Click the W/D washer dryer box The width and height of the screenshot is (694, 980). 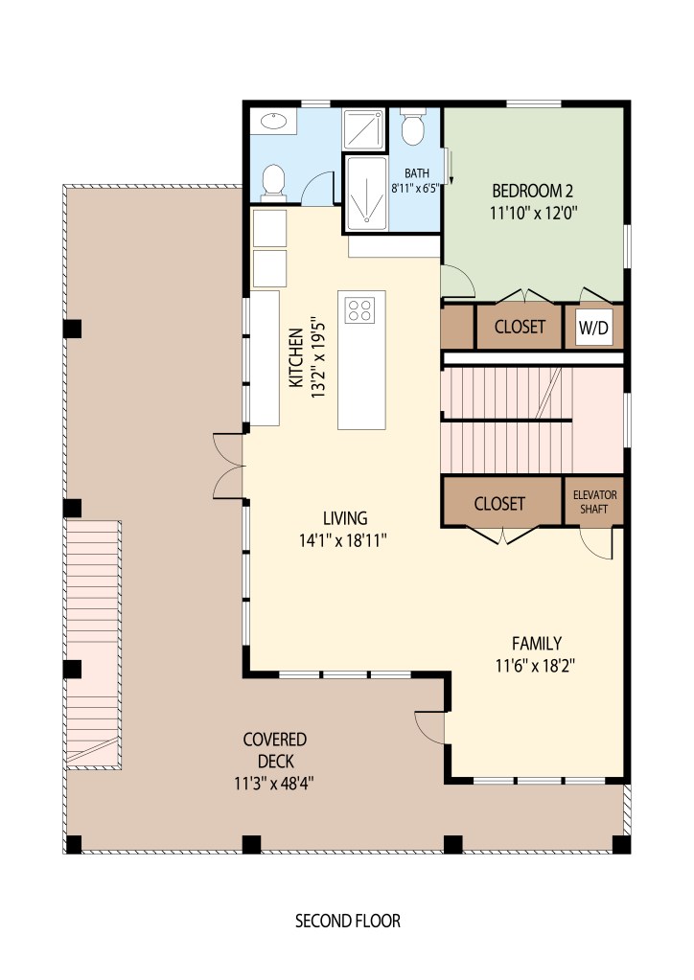[x=593, y=327]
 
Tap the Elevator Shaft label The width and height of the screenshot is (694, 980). [x=594, y=502]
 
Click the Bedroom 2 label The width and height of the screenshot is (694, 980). [x=533, y=191]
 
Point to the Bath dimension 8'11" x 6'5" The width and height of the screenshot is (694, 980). [x=416, y=188]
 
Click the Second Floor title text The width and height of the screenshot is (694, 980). [x=348, y=921]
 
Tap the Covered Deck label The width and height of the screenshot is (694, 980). [x=275, y=750]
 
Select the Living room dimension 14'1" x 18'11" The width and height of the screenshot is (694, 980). [x=342, y=540]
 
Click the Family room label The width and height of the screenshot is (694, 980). [x=537, y=643]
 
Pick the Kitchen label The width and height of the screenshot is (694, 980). [x=296, y=358]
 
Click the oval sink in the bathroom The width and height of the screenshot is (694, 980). [x=274, y=122]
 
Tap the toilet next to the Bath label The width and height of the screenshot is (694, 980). [x=412, y=126]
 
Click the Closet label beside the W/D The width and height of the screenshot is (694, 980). [x=520, y=327]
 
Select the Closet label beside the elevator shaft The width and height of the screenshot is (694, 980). [x=498, y=503]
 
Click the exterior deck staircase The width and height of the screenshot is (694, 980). [x=93, y=644]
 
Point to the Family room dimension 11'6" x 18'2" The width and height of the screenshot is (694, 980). [x=535, y=666]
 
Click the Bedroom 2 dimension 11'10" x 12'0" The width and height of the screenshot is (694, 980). [x=533, y=213]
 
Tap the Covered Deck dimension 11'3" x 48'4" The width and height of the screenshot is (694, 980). [x=274, y=783]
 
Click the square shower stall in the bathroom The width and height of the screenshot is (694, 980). [x=363, y=130]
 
